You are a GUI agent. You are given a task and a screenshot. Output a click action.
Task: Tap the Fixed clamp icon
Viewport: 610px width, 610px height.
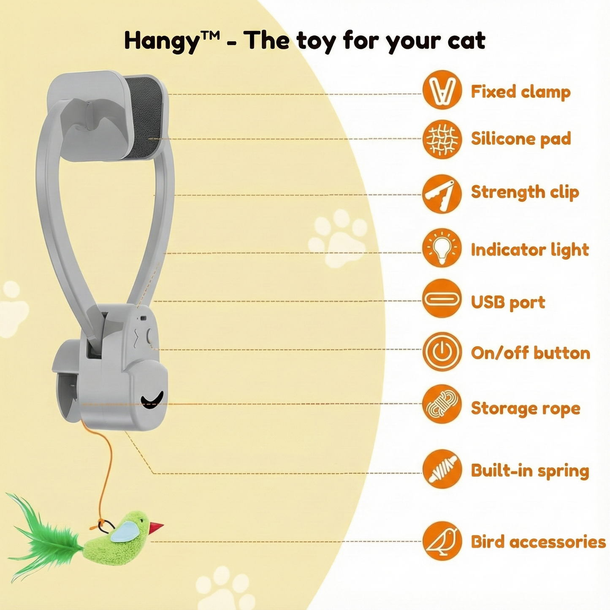click(442, 90)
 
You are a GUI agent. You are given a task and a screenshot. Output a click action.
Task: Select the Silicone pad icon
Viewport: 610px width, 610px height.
click(442, 139)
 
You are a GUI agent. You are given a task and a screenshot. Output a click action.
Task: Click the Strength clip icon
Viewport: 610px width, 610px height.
click(442, 194)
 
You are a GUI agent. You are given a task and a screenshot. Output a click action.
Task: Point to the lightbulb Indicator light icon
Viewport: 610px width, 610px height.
click(442, 248)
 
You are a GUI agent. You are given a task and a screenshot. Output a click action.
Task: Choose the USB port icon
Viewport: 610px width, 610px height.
click(442, 298)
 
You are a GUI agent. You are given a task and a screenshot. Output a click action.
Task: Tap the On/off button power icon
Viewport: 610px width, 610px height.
click(442, 352)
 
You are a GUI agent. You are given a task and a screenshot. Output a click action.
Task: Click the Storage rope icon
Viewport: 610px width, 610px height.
click(442, 404)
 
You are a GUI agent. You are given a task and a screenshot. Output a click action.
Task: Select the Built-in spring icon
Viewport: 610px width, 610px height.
click(442, 469)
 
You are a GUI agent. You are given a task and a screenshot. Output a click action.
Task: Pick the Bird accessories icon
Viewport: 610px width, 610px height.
click(442, 541)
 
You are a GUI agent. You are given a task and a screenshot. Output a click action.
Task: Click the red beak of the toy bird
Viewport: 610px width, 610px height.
click(156, 526)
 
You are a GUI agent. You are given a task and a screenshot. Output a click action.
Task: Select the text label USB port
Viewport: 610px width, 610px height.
click(508, 302)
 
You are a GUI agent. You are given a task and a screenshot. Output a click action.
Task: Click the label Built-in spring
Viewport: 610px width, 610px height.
click(530, 471)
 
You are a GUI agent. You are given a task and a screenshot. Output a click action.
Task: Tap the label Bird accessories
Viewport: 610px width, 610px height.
click(538, 542)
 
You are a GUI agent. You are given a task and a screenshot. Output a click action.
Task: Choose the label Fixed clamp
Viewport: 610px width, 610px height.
click(521, 92)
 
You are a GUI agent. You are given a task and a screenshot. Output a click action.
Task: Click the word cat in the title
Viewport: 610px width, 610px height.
click(466, 41)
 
